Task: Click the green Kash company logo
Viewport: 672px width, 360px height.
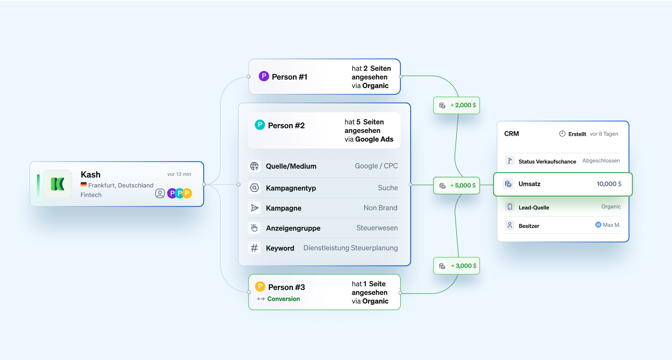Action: tap(58, 184)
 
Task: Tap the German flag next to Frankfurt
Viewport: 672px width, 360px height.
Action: tap(83, 185)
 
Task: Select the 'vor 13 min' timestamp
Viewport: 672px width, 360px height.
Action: tap(179, 174)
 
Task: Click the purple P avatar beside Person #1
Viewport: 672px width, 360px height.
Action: tap(264, 76)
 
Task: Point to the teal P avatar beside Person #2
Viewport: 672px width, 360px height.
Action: tap(260, 125)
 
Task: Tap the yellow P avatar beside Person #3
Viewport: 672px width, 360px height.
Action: tap(260, 287)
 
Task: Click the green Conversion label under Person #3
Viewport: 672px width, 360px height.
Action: tap(283, 299)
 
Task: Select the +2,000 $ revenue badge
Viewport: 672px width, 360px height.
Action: tap(457, 105)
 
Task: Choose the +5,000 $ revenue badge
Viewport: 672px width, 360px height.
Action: tap(457, 186)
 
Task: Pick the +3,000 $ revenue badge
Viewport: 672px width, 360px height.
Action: tap(457, 266)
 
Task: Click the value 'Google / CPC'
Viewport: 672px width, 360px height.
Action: tap(376, 166)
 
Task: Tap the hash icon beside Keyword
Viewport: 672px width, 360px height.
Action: tap(254, 248)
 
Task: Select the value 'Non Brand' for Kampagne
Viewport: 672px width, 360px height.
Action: tap(380, 208)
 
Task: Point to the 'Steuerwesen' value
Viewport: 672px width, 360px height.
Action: tap(377, 228)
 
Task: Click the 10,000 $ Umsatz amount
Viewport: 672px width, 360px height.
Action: tap(609, 184)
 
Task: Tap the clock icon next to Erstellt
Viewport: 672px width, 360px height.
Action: tap(562, 134)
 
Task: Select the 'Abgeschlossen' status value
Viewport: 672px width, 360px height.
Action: tap(601, 161)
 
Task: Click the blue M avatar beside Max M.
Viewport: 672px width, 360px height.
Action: tap(598, 225)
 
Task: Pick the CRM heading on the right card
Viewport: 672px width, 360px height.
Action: tap(511, 134)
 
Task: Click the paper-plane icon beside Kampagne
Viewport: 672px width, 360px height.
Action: tap(254, 208)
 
